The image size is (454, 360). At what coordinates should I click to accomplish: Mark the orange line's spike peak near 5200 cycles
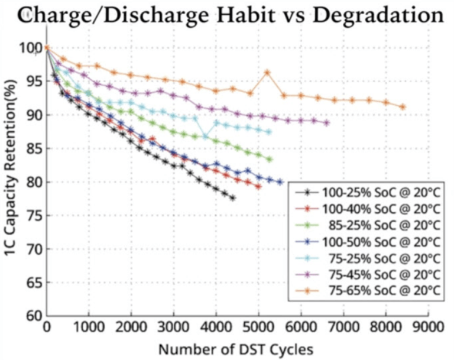pos(267,72)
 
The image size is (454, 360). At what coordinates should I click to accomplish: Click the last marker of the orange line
pos(403,107)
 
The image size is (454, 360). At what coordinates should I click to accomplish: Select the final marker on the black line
pos(233,198)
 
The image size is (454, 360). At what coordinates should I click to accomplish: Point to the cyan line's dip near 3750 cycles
pos(205,136)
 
